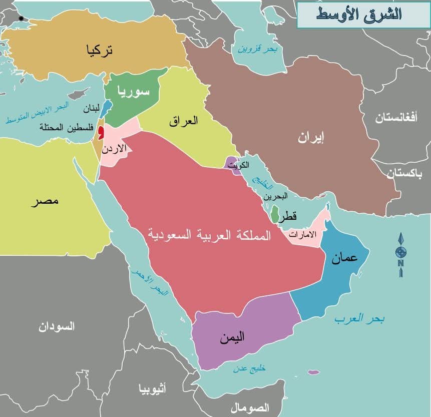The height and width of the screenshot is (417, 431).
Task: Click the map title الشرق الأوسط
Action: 359,14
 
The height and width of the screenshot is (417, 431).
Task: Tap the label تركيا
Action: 100,50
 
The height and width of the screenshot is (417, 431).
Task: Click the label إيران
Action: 311,138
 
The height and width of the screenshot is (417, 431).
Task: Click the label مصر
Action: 45,201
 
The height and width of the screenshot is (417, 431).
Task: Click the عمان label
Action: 344,258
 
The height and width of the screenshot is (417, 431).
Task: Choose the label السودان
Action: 57,327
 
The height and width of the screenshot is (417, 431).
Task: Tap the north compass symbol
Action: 401,253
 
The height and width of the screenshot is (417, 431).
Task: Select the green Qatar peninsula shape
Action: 275,215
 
